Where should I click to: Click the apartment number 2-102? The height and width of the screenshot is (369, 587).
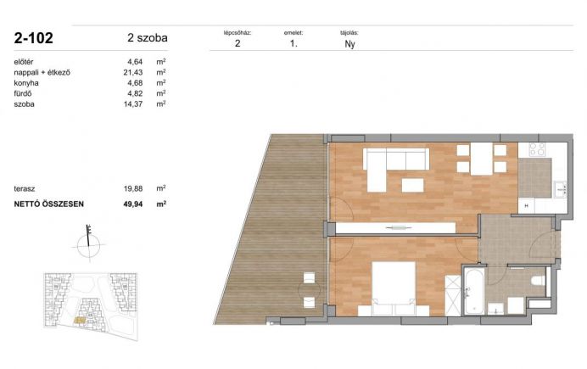34,38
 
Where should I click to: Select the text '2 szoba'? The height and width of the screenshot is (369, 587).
148,38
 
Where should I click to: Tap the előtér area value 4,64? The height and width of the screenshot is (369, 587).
135,62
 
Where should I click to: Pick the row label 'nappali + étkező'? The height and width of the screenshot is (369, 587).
42,72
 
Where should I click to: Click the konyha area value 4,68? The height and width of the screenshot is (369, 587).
135,83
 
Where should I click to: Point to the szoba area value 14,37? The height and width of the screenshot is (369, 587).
133,104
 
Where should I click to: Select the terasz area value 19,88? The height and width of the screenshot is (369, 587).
133,188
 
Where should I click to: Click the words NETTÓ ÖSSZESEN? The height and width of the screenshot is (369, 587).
48,204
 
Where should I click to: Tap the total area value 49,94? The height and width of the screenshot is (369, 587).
133,204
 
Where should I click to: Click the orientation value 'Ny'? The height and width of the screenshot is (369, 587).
349,44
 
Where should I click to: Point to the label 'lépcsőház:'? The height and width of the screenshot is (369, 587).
238,32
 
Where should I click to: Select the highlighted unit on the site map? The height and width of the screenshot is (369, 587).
80,320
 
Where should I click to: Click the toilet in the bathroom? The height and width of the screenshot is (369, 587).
539,280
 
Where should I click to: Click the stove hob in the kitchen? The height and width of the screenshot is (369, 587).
537,149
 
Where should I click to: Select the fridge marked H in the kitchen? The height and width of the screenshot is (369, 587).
527,205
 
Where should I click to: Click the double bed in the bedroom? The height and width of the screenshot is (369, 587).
394,288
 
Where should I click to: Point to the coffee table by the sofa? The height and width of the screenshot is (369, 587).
412,185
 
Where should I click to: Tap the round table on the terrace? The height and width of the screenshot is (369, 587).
310,289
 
